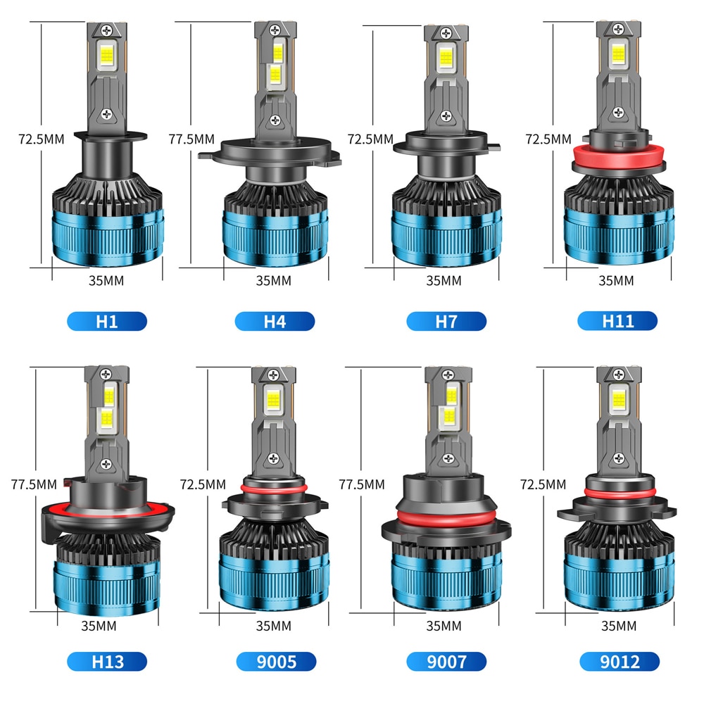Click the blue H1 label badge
107,322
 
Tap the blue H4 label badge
275,322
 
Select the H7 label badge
446,322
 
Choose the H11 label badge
618,321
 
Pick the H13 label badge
107,662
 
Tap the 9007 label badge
446,662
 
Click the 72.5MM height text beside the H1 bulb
41,139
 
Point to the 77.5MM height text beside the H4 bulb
191,139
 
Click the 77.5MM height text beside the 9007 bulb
362,484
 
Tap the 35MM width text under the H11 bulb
616,280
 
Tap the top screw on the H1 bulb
107,30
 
